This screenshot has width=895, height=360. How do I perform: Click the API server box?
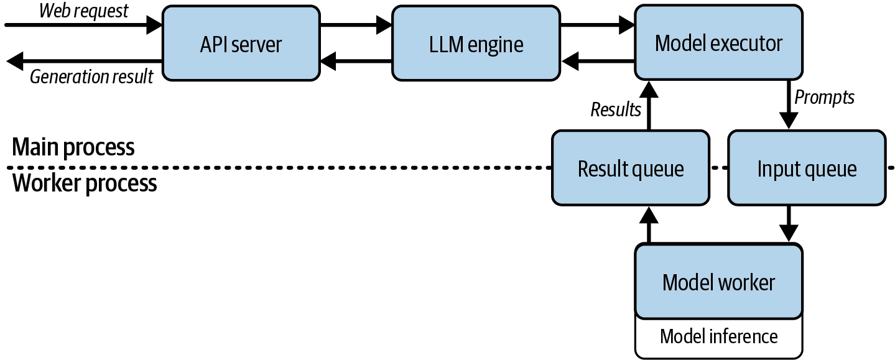tap(241, 43)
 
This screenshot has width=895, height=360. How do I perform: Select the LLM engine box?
tap(476, 43)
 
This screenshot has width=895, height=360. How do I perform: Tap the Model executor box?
tap(718, 42)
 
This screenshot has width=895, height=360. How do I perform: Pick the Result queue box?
tap(631, 168)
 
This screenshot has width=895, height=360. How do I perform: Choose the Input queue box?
tap(807, 168)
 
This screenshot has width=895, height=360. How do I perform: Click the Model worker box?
tap(718, 281)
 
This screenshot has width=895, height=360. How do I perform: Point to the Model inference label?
tap(718, 336)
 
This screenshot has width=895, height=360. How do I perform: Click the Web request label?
tap(83, 11)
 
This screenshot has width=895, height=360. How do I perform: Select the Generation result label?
tap(91, 76)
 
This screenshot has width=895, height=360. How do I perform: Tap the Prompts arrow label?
tap(824, 97)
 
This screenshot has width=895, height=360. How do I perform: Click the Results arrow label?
tap(616, 109)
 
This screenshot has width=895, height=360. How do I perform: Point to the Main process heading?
tap(73, 147)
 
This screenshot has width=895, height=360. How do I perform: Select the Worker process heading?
tap(85, 183)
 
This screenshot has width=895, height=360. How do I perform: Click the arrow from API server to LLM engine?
tap(356, 25)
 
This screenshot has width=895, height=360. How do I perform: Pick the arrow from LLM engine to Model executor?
tap(597, 25)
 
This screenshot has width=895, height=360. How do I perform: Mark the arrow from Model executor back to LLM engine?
tap(598, 62)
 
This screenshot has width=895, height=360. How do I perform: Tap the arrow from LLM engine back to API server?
tap(356, 62)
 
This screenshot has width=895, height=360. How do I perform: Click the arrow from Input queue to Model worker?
tap(788, 224)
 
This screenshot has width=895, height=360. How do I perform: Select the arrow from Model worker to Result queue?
tap(649, 225)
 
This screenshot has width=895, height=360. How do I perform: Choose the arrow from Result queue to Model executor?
tap(649, 106)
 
